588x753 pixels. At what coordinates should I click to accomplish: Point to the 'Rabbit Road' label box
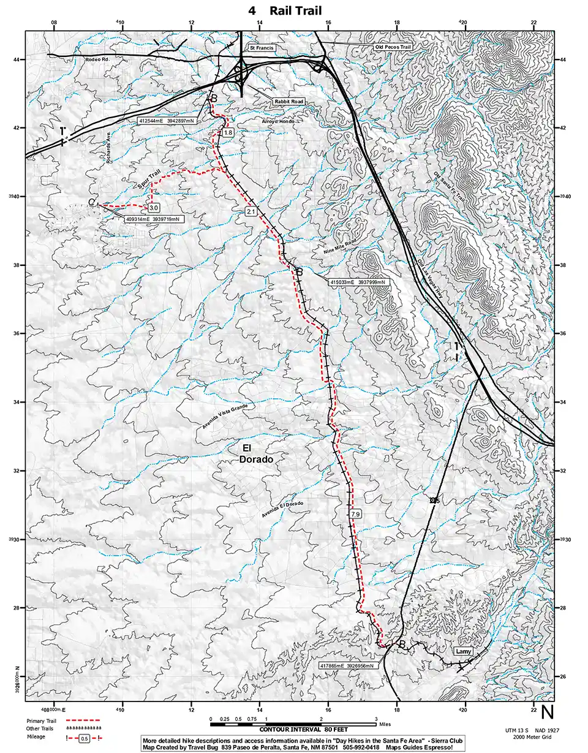[288, 102]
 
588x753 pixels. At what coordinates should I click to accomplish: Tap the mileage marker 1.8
[228, 133]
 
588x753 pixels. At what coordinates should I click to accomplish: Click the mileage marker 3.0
[154, 208]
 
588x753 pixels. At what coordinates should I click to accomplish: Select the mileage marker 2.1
[251, 211]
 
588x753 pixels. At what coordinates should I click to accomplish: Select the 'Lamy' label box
[463, 651]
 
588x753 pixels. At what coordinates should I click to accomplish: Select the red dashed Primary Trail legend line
[82, 721]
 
